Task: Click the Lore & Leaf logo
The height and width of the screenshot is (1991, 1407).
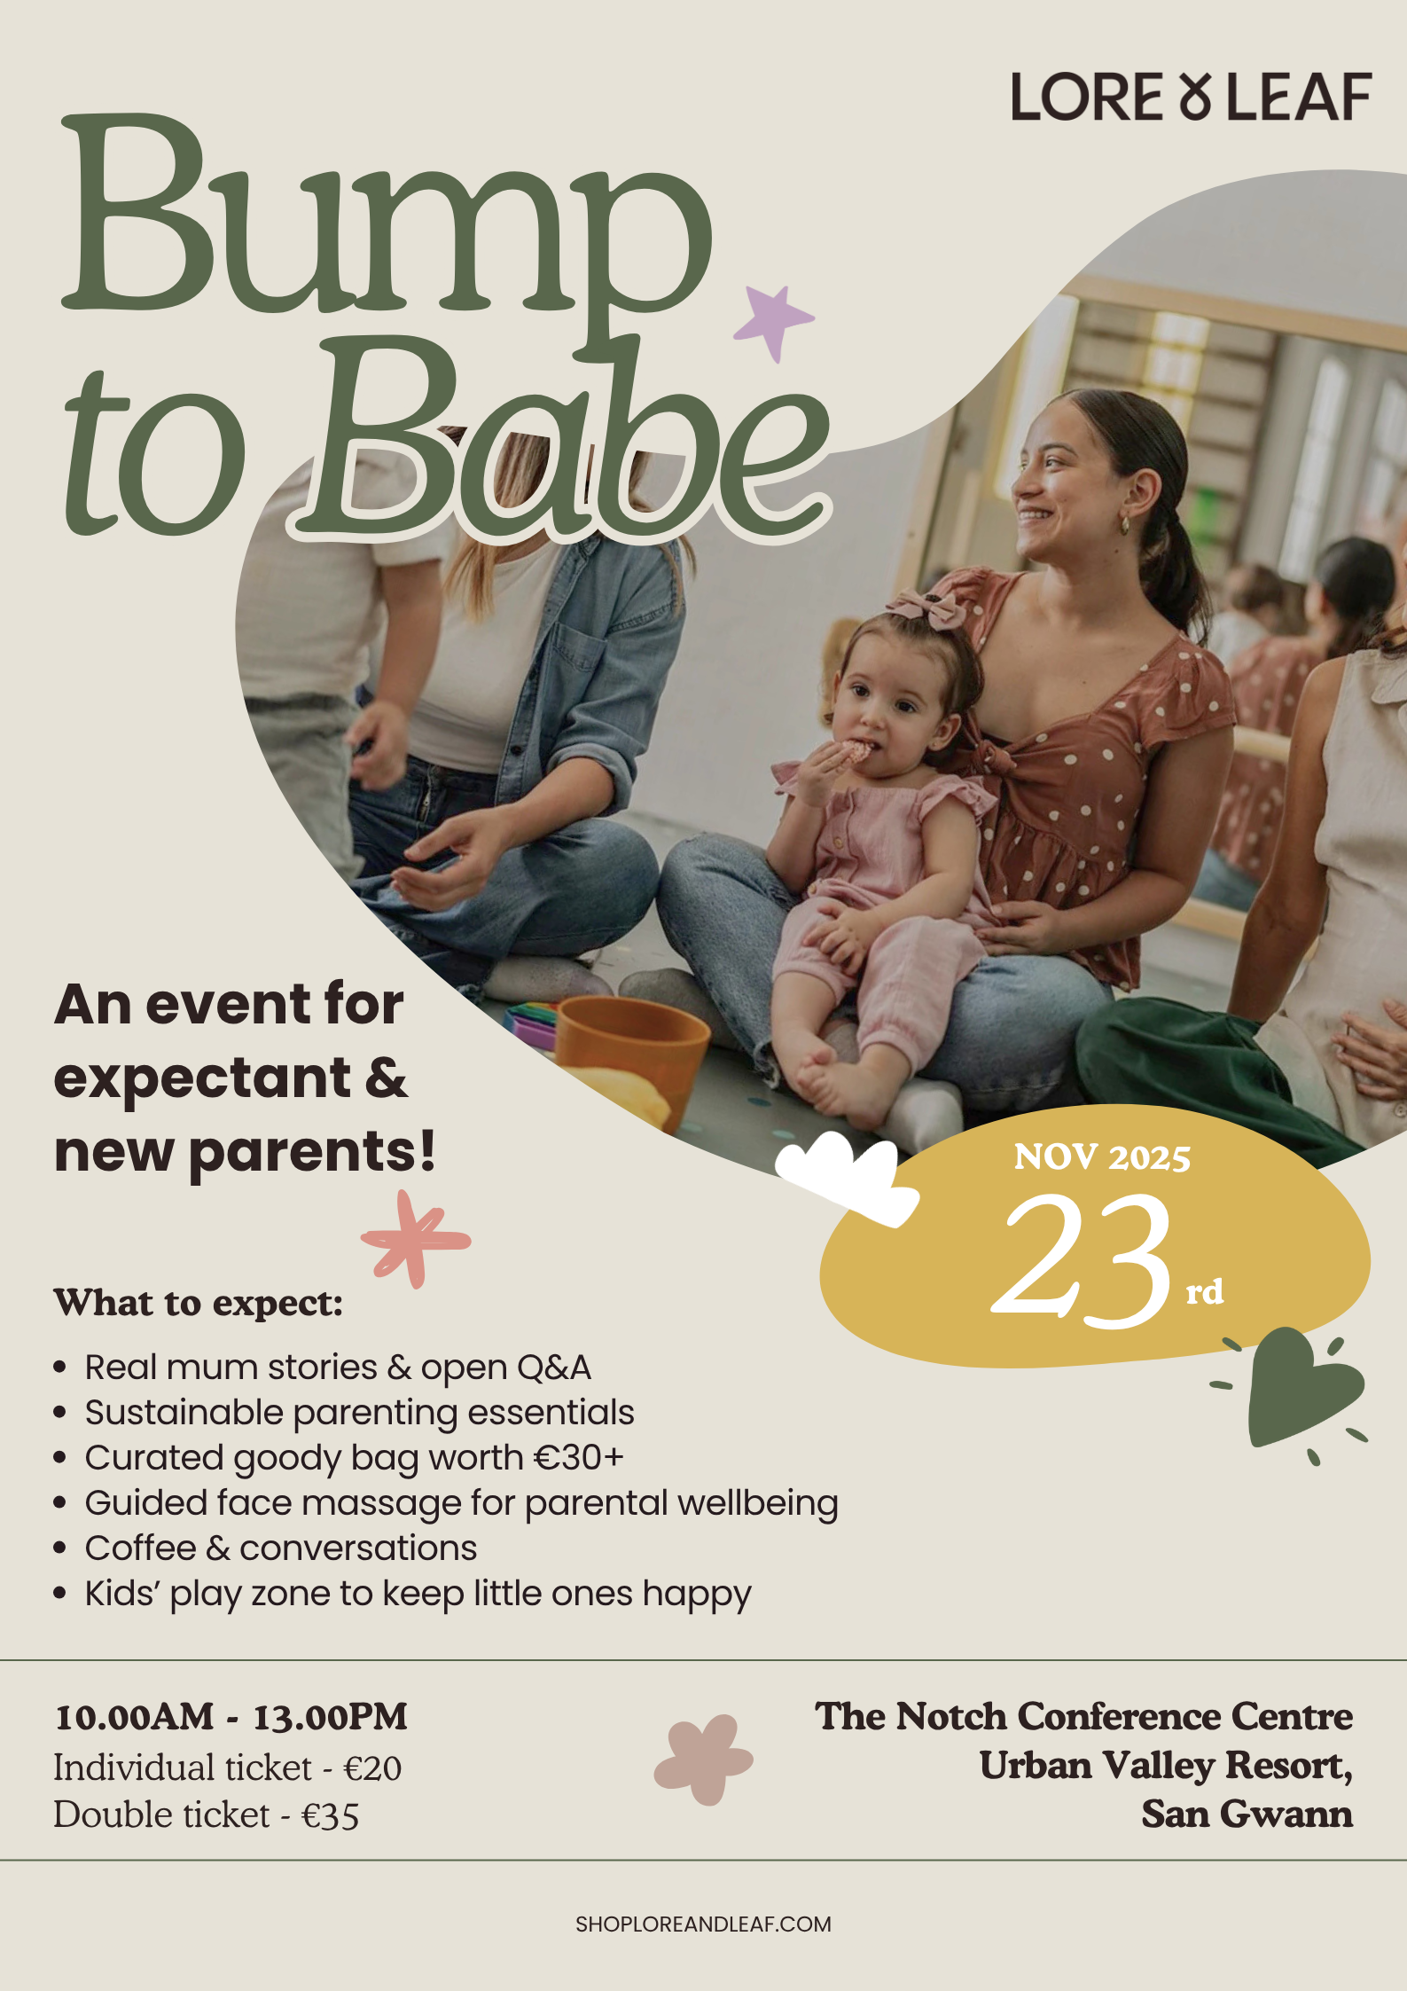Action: point(1191,97)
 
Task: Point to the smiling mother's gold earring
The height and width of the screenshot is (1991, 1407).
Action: point(1124,524)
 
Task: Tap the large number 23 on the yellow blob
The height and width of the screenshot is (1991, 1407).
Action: point(1082,1259)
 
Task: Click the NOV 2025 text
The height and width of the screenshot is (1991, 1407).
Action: point(1102,1157)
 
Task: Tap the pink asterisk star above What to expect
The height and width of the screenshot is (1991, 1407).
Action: point(415,1239)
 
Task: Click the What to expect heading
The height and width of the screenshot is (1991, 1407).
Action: point(199,1303)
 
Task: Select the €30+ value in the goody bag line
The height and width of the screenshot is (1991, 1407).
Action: point(578,1458)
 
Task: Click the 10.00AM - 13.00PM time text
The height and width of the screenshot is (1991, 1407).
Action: point(231,1717)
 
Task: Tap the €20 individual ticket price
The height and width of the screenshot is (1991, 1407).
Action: point(372,1768)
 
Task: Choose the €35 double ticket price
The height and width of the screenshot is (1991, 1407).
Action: point(330,1815)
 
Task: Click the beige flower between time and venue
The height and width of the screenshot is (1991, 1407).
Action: point(703,1760)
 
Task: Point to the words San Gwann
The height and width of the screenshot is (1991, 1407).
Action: point(1247,1814)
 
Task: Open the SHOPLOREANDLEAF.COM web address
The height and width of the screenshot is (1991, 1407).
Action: point(703,1924)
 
